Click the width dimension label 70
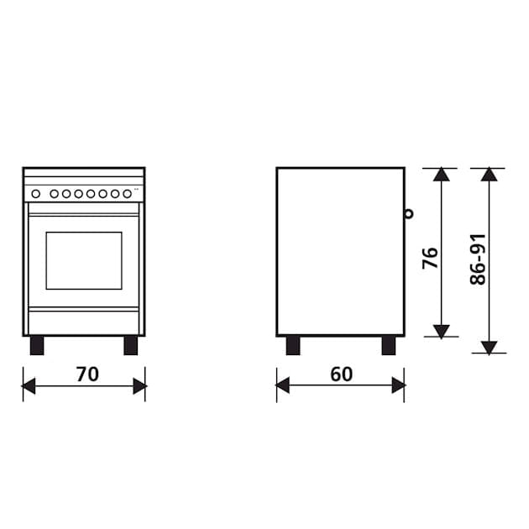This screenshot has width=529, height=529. (87, 374)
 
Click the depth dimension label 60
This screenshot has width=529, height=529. (342, 374)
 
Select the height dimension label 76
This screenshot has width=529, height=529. (430, 258)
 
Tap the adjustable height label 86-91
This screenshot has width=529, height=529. (478, 259)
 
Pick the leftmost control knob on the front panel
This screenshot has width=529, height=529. (36, 194)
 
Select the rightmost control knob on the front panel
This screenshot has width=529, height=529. (127, 194)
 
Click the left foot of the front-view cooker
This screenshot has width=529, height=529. (37, 345)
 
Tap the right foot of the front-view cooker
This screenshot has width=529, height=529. (130, 345)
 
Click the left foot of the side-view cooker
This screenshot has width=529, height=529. (293, 345)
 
